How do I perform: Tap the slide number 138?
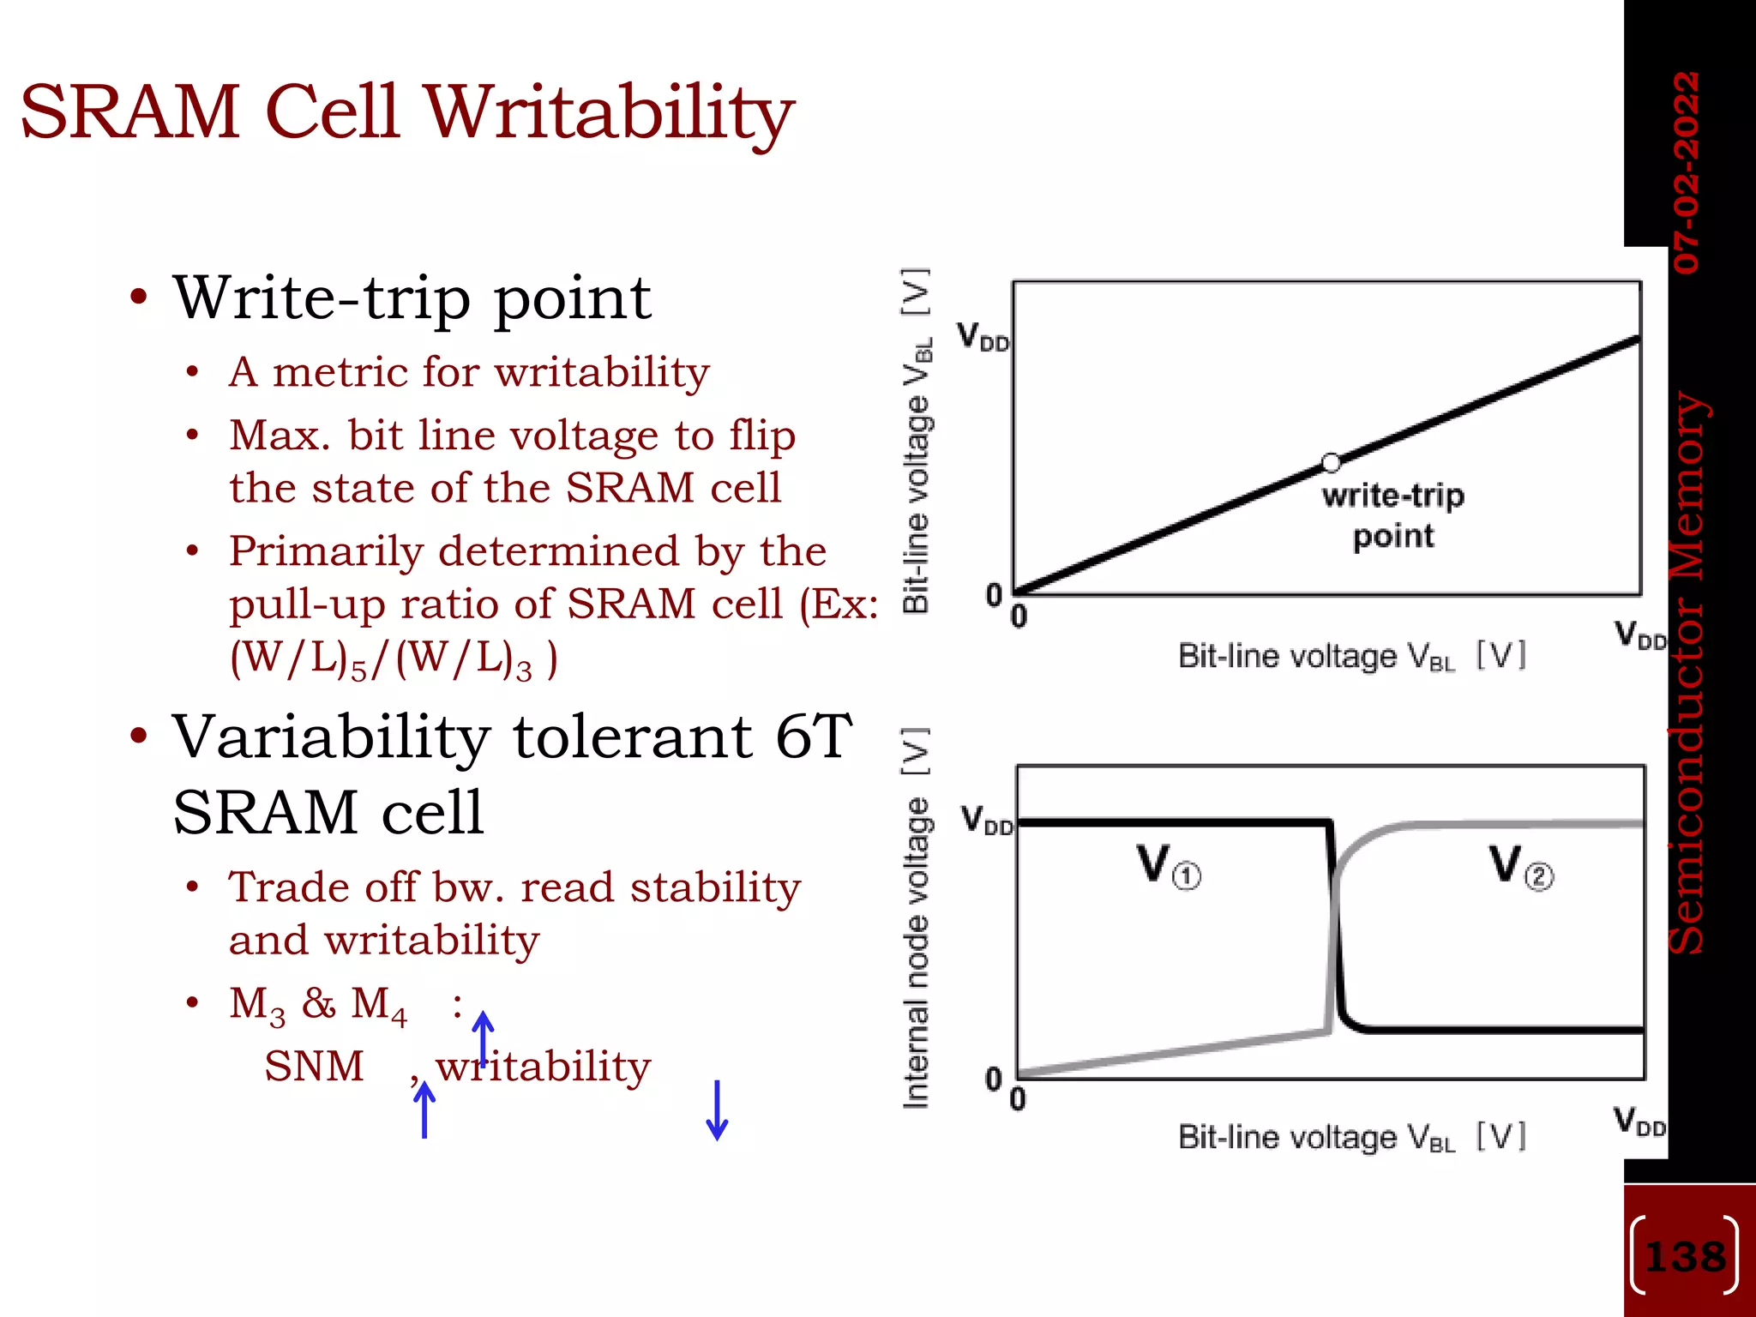point(1685,1257)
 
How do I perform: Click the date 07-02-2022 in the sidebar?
point(1686,171)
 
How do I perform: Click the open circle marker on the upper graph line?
point(1331,463)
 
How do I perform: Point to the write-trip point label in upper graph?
point(1392,515)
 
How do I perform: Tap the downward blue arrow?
point(717,1110)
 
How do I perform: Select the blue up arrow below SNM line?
point(424,1110)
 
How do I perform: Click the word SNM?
point(314,1067)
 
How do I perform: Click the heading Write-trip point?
point(412,298)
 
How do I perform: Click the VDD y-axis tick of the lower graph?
point(986,820)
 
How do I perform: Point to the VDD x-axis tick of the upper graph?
point(1639,636)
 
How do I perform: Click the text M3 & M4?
point(317,1004)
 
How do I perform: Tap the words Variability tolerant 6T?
point(512,737)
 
